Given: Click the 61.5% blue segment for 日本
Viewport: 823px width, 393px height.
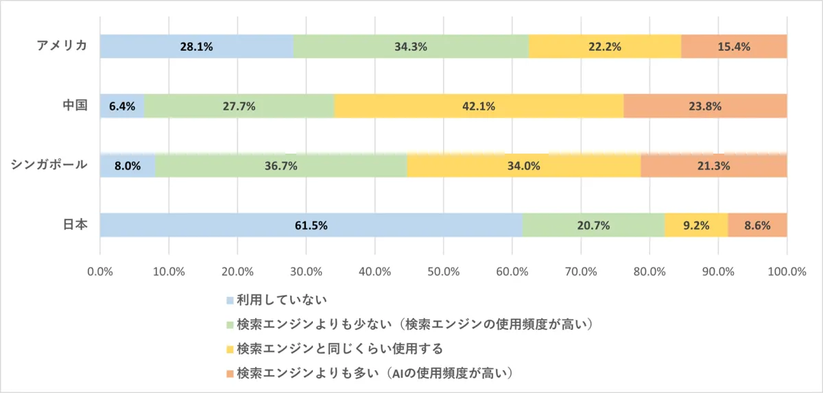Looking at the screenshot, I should [311, 225].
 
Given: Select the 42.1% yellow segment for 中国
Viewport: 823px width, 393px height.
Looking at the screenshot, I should [479, 106].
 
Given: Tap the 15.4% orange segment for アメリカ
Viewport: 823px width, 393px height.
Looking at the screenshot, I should [734, 47].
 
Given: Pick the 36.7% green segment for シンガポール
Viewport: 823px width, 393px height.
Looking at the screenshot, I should [281, 166].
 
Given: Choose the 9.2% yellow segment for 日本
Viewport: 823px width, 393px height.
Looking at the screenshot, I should [696, 225].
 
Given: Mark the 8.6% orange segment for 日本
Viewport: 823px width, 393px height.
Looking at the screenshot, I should [757, 225].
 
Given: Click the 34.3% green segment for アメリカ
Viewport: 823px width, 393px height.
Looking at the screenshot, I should [411, 47].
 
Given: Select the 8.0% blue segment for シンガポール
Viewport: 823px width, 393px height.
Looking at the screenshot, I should [128, 166].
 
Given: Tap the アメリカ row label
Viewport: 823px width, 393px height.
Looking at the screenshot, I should [62, 46].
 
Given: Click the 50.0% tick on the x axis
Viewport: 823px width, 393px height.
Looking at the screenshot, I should [443, 271].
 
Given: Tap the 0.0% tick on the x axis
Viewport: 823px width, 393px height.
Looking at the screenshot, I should [100, 271].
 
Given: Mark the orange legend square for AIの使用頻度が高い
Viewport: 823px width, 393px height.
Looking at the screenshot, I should [230, 373].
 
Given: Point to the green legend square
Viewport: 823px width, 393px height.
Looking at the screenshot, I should [230, 324].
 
